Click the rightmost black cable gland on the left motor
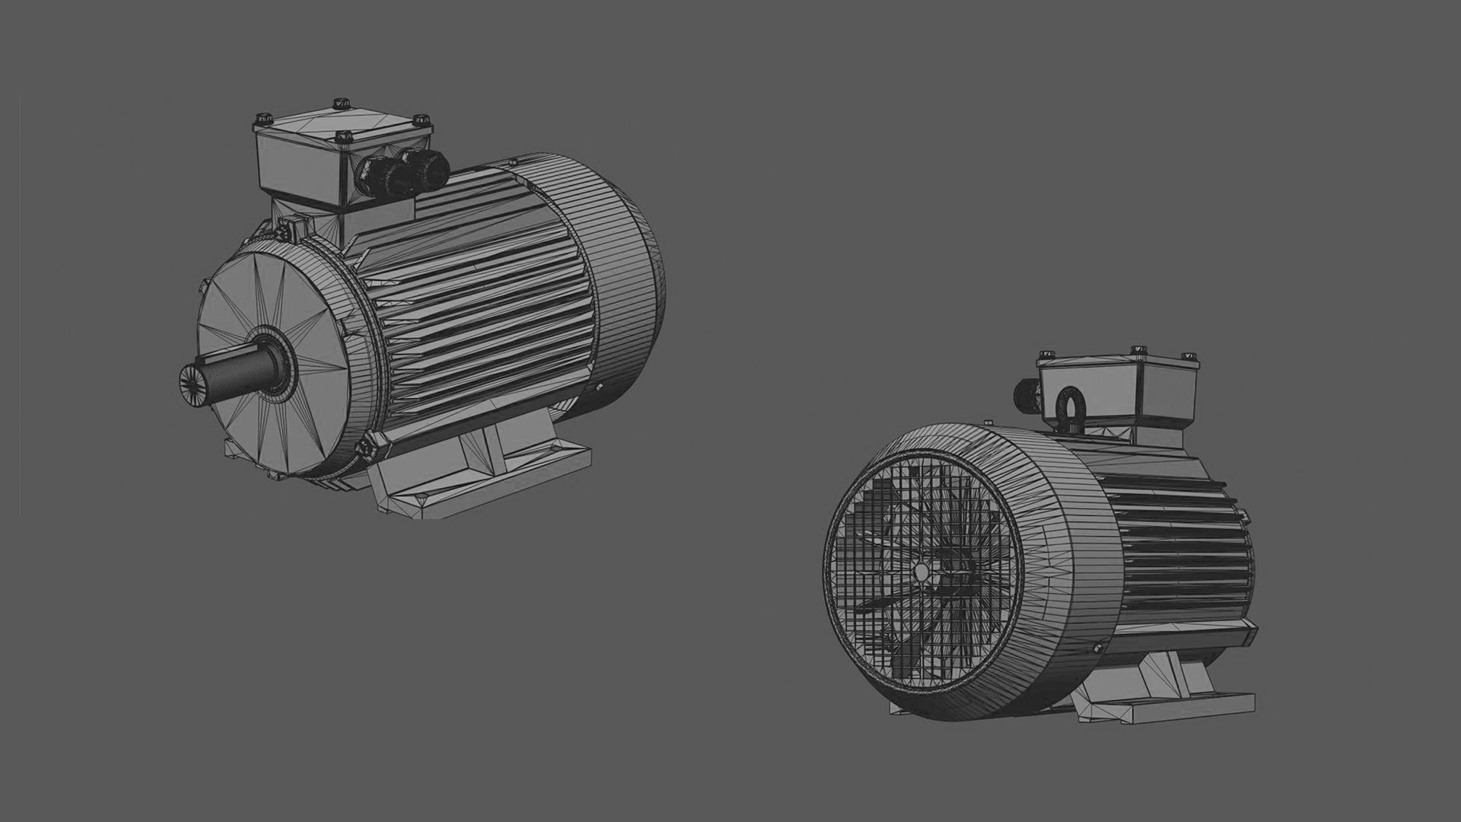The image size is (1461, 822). point(420,168)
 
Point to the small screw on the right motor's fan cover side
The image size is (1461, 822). point(1097,648)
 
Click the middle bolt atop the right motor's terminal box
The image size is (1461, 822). point(1139,349)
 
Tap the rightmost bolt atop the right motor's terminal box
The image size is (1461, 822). point(1186,355)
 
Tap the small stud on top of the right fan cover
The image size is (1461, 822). point(988,422)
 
